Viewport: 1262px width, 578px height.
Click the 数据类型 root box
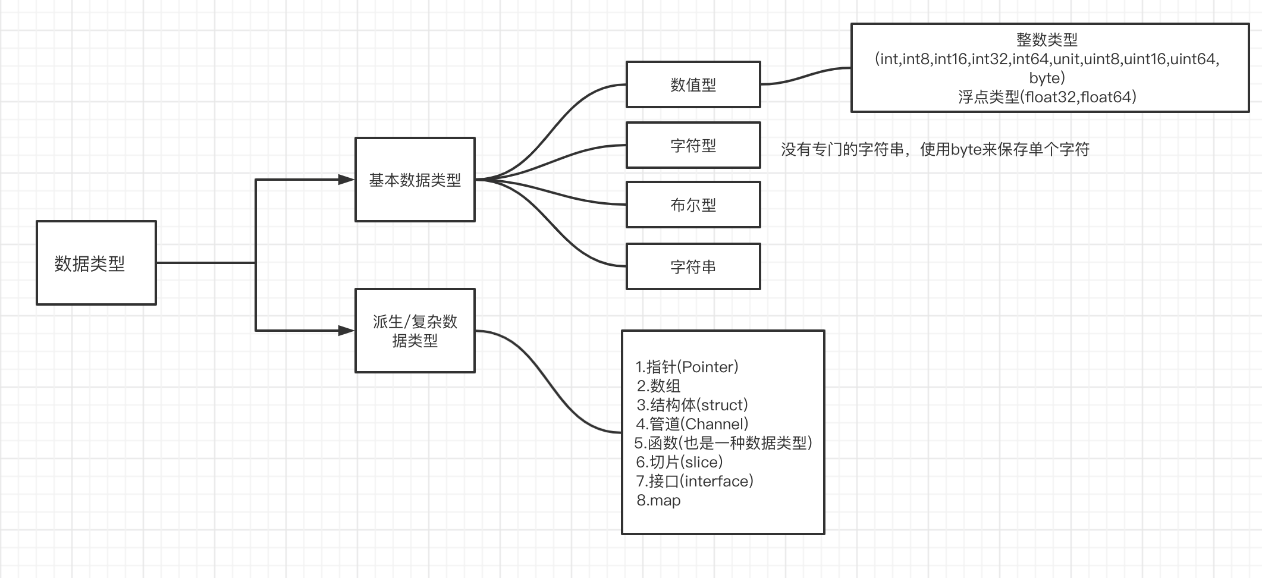pyautogui.click(x=96, y=263)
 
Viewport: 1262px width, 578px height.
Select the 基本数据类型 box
pyautogui.click(x=415, y=180)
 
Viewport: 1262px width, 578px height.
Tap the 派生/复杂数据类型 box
pyautogui.click(x=415, y=331)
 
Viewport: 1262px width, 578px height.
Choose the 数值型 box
pyautogui.click(x=693, y=84)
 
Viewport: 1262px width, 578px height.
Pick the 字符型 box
pyautogui.click(x=693, y=145)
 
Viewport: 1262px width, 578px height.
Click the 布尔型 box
pyautogui.click(x=693, y=205)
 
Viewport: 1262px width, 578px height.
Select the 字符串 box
pyautogui.click(x=693, y=266)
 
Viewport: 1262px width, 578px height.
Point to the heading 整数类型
pyautogui.click(x=1047, y=40)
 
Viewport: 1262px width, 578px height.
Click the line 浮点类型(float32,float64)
pyautogui.click(x=1047, y=97)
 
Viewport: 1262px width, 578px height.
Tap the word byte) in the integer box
pyautogui.click(x=1047, y=78)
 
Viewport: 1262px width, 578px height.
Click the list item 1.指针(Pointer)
pyautogui.click(x=687, y=367)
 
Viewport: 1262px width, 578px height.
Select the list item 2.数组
pyautogui.click(x=658, y=386)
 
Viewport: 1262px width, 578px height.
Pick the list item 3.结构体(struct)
pyautogui.click(x=692, y=405)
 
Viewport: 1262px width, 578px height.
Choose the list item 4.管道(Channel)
pyautogui.click(x=692, y=424)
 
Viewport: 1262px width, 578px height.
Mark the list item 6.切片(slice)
pyautogui.click(x=679, y=462)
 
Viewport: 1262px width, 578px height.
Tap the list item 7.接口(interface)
pyautogui.click(x=695, y=481)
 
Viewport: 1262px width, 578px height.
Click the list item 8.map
pyautogui.click(x=658, y=500)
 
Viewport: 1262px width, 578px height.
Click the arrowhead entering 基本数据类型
pyautogui.click(x=346, y=180)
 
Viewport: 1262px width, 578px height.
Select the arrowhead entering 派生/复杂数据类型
pyautogui.click(x=346, y=331)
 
